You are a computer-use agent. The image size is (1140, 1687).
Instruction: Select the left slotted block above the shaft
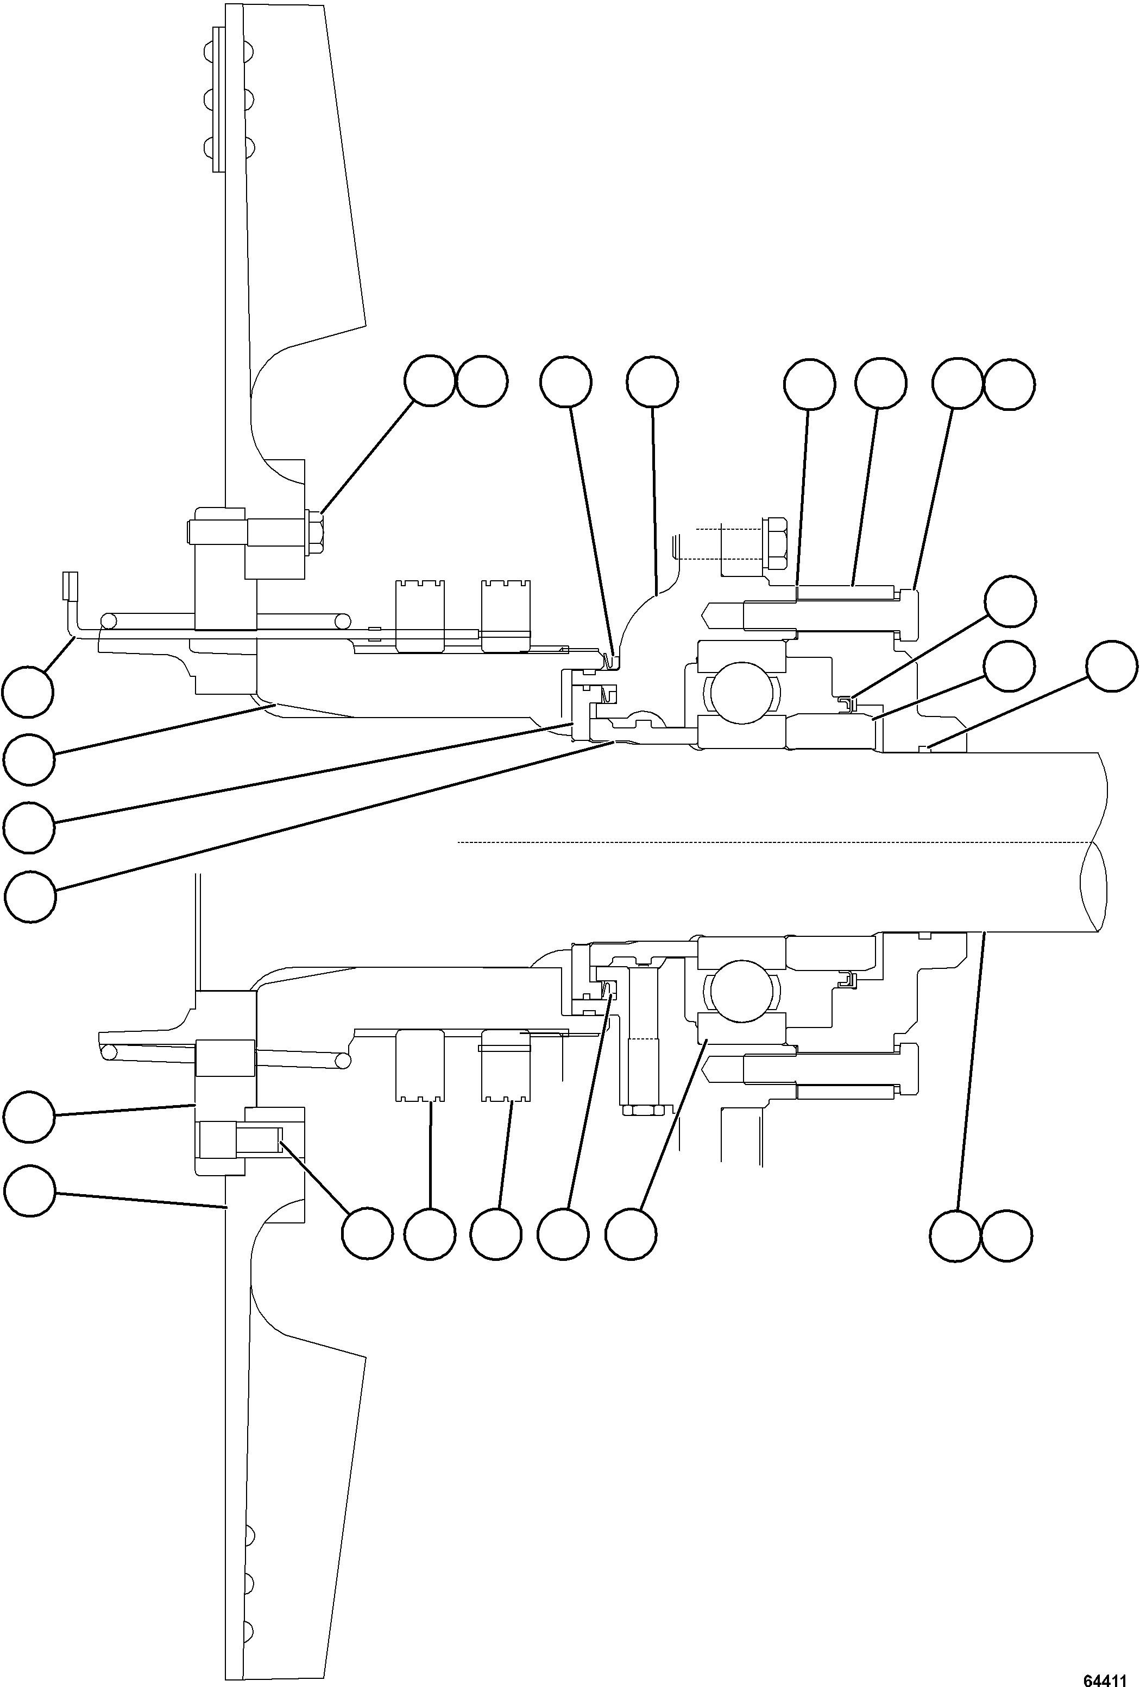(420, 606)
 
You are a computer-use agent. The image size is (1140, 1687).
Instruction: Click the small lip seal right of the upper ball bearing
(847, 702)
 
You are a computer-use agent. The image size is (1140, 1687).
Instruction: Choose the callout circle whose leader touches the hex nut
(429, 380)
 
